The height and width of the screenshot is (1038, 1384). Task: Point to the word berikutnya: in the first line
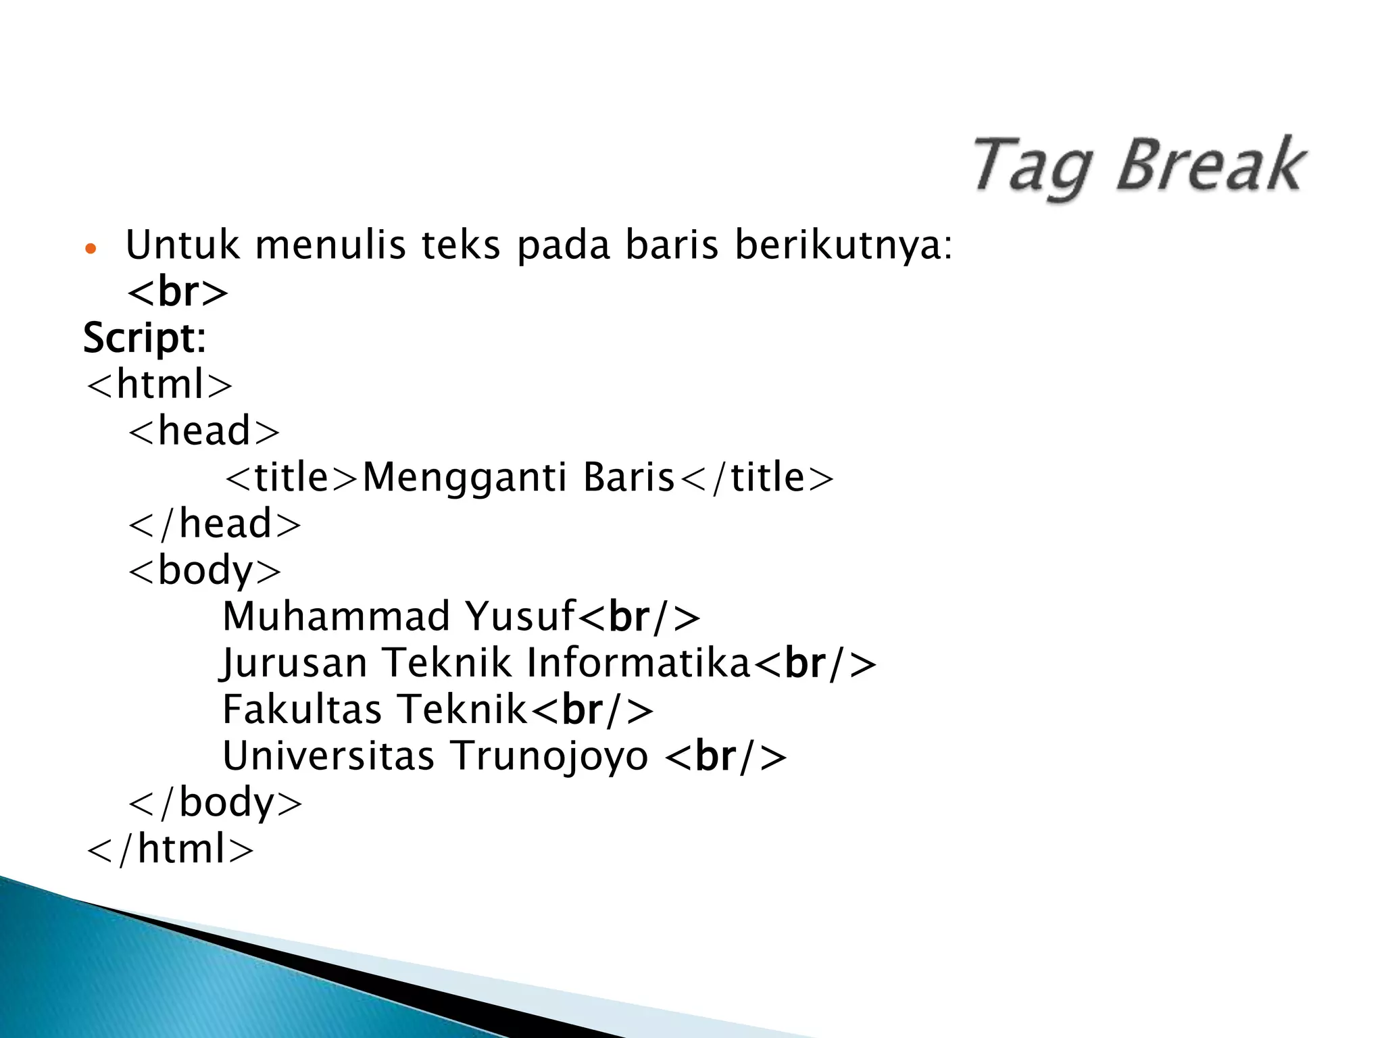pos(843,246)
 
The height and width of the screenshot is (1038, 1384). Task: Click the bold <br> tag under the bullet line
pos(178,292)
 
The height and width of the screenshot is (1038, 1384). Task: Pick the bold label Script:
pos(144,337)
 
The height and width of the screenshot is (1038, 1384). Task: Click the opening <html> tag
pos(159,384)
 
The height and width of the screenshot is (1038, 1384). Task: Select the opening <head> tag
pos(203,430)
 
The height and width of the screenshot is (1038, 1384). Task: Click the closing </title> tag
pos(756,477)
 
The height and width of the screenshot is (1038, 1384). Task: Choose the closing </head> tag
pos(214,524)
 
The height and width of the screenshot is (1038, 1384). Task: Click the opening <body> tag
pos(204,570)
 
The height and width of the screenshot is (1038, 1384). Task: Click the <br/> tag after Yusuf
pos(639,617)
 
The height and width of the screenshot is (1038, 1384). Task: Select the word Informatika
pos(639,662)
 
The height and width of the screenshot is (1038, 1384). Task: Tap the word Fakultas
pos(302,709)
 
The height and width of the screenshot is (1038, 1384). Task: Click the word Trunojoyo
pos(549,756)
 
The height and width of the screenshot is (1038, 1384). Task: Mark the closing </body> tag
pos(215,802)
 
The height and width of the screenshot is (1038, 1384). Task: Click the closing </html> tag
pos(170,849)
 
